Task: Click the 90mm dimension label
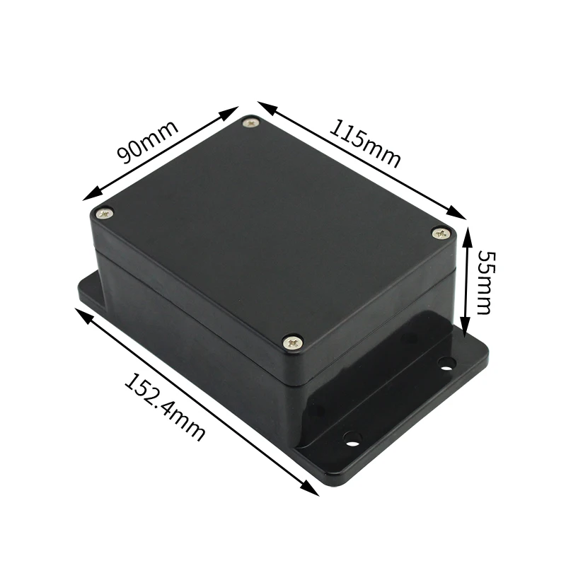coord(146,141)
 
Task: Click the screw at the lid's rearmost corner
coord(251,124)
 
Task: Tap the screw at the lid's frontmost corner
coord(293,342)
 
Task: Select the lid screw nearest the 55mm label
coord(441,232)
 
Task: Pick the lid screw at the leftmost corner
coord(105,212)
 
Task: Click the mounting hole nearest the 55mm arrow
coord(446,364)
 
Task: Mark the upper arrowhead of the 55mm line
coord(466,234)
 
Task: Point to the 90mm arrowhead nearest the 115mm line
coord(233,111)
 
